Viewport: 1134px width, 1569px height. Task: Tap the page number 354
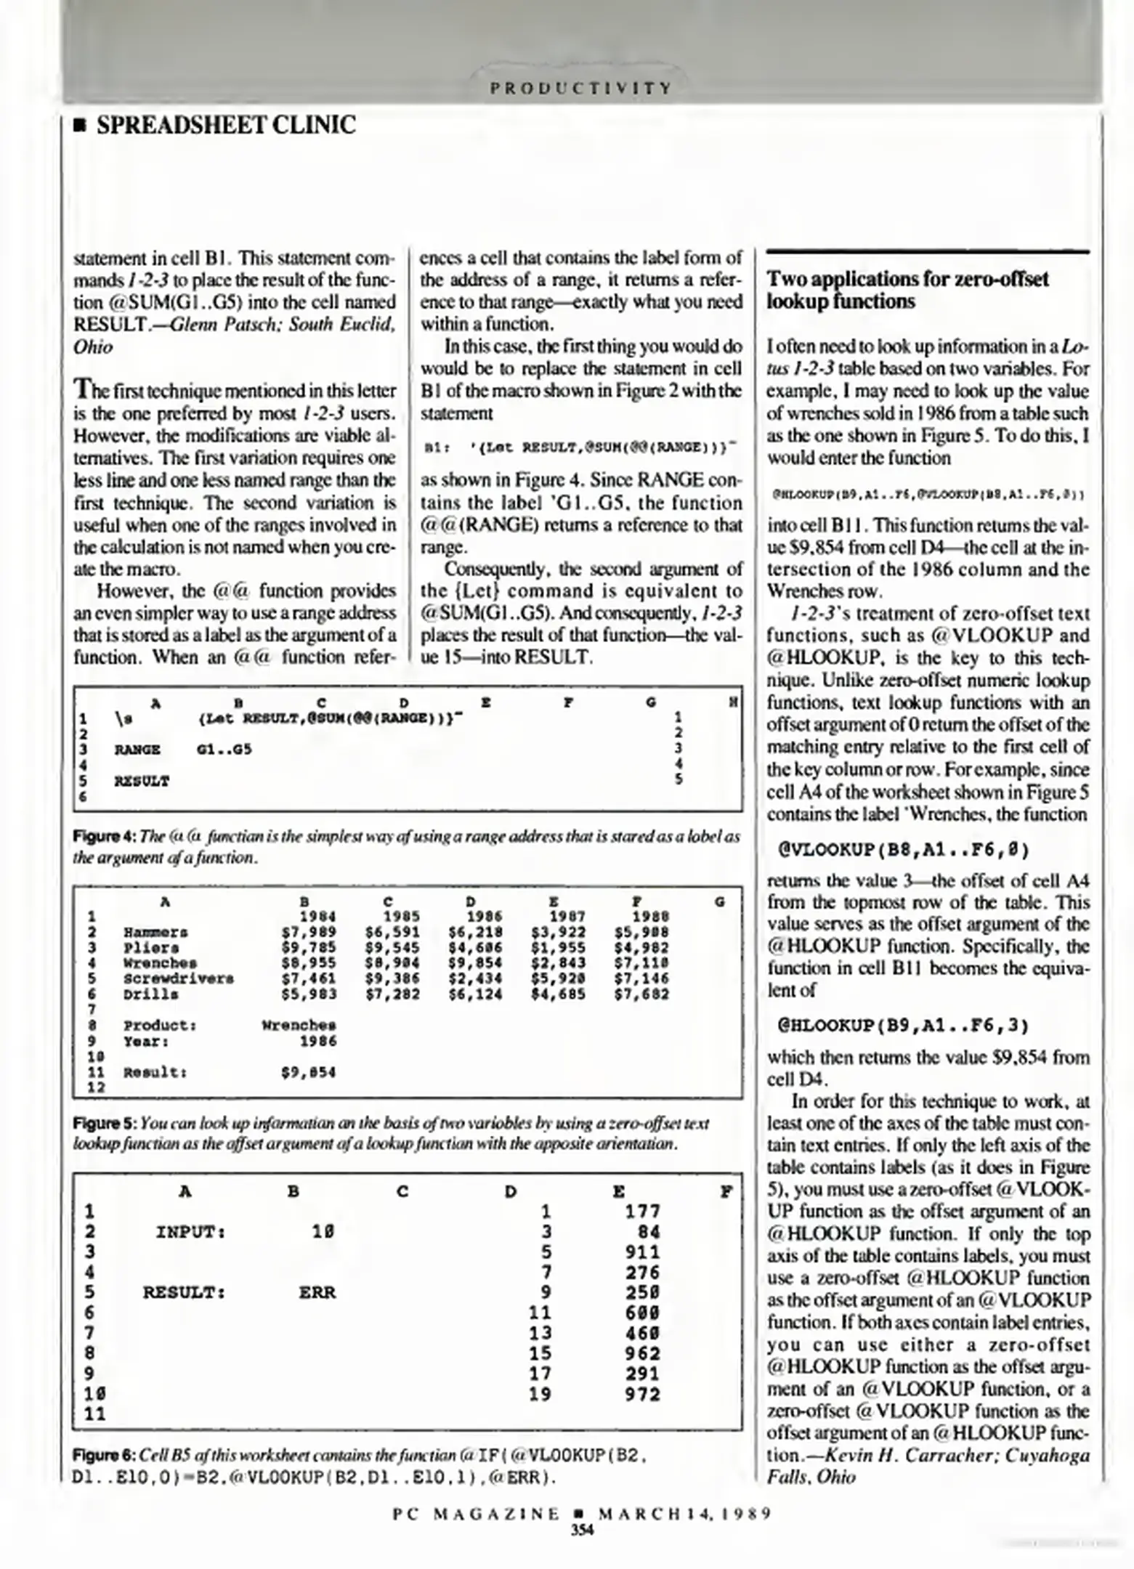tap(582, 1531)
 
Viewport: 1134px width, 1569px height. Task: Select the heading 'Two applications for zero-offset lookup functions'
tap(907, 290)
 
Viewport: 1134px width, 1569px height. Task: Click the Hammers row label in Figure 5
tap(155, 932)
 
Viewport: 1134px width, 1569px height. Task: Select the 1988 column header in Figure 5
tap(650, 917)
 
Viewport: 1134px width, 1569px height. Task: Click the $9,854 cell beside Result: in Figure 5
tap(309, 1072)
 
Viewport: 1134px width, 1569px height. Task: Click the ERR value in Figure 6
tap(317, 1293)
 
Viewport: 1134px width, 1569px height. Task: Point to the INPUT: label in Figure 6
tap(190, 1232)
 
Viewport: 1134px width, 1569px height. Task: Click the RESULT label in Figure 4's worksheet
tap(142, 782)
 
